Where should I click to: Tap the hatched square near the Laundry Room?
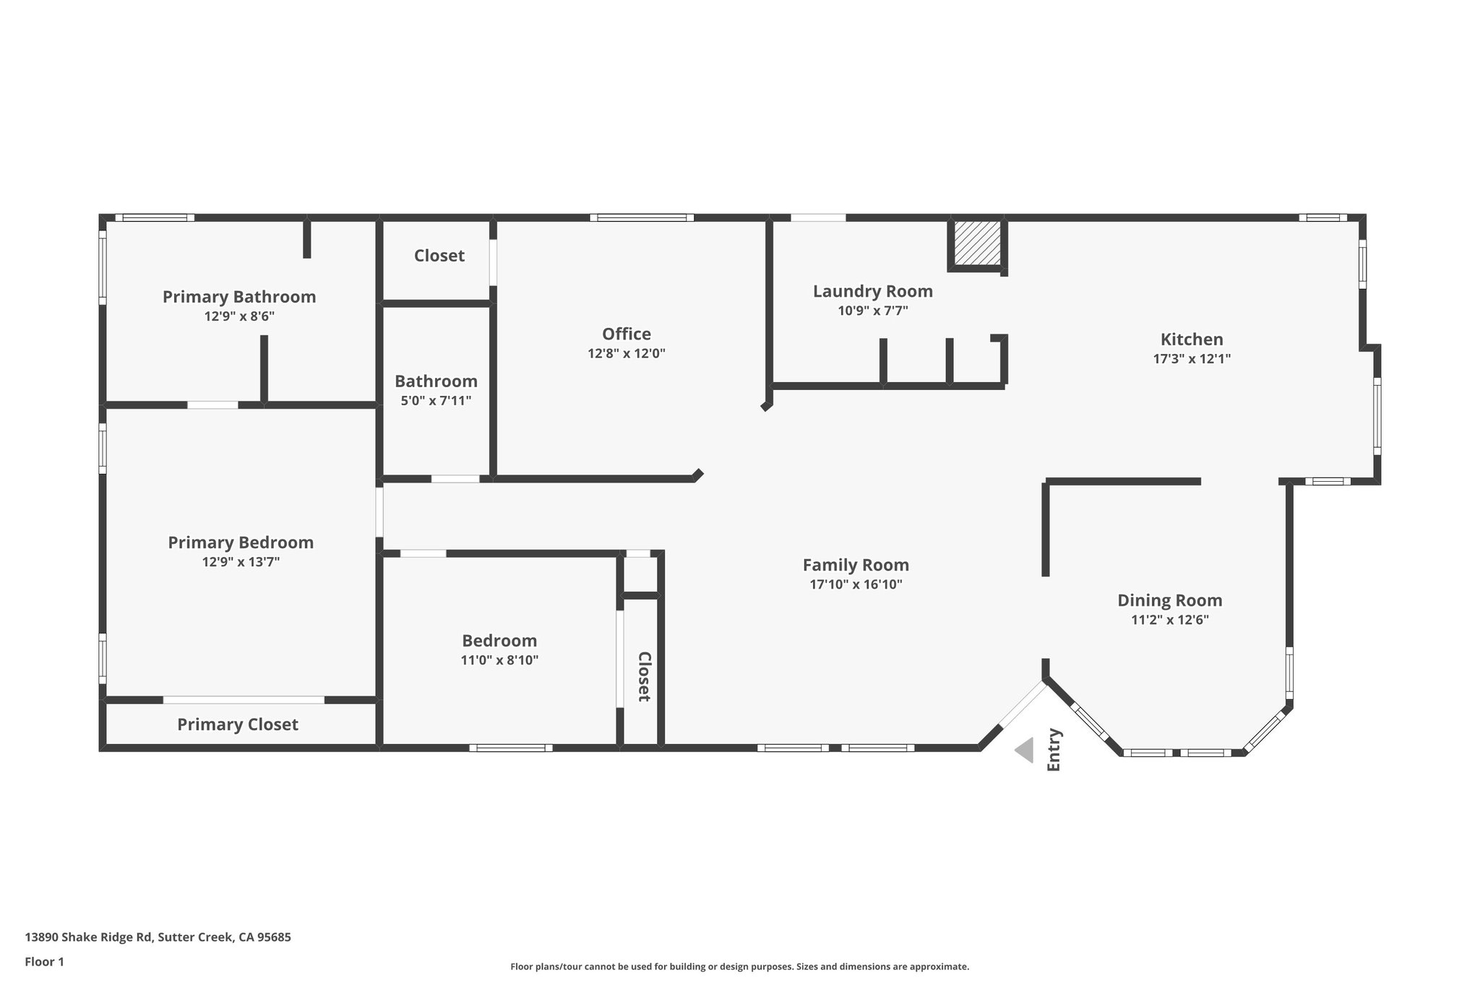coord(977,243)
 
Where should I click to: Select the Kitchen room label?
coord(1192,339)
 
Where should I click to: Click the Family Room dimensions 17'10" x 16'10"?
coord(856,584)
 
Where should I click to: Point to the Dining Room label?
coord(1169,600)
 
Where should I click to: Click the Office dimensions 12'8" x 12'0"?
coord(626,353)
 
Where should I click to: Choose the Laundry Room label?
coord(872,291)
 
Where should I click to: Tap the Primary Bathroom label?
coord(239,297)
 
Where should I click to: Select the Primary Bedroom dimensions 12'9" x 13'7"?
coord(241,562)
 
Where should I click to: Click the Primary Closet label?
coord(238,725)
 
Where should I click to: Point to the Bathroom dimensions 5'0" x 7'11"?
coord(436,400)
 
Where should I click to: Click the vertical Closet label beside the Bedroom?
coord(644,677)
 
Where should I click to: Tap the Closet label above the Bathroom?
coord(439,256)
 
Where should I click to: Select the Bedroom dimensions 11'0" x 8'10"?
coord(499,660)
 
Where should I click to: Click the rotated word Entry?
coord(1054,750)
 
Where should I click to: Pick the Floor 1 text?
coord(44,961)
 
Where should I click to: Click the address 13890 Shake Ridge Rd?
coord(158,938)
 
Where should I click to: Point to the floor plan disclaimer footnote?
coord(739,966)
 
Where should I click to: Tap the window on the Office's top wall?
coord(642,217)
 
